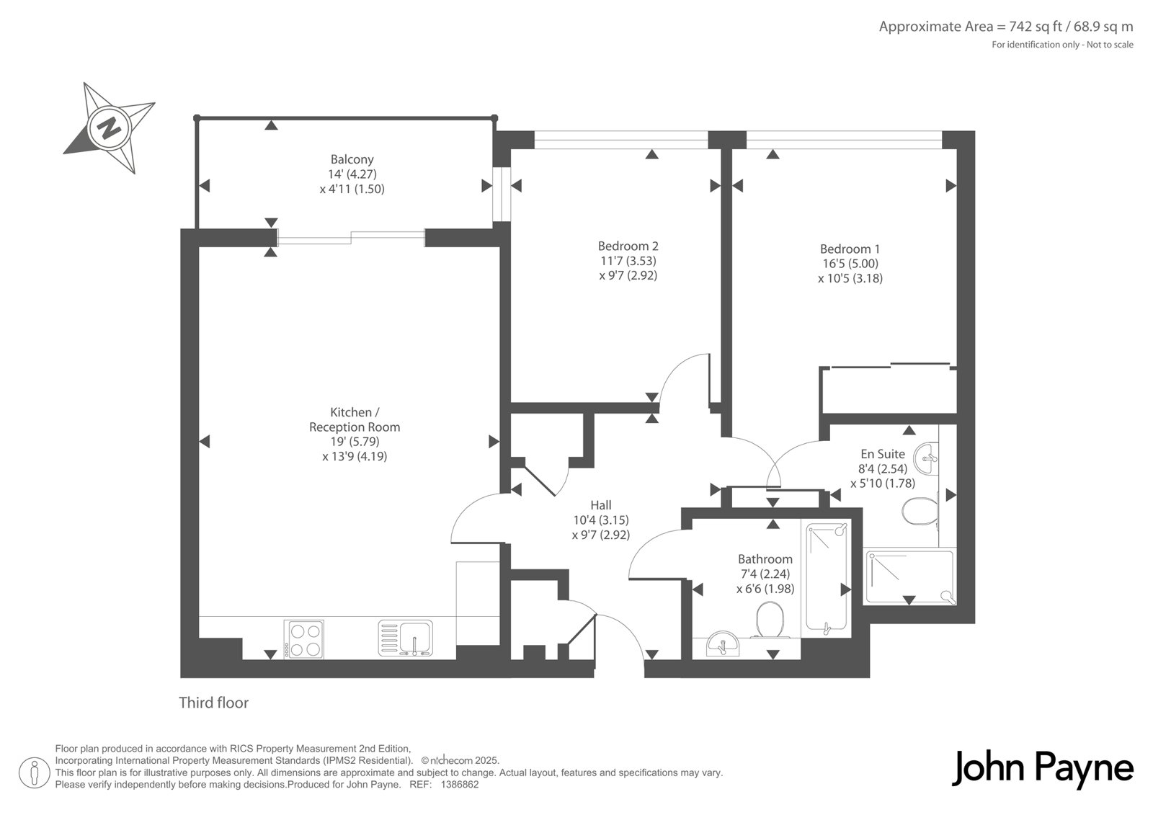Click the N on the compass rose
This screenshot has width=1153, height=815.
[109, 128]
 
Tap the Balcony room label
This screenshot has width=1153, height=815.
[352, 159]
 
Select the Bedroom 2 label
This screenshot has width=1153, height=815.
[628, 246]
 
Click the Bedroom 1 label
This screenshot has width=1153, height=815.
[850, 249]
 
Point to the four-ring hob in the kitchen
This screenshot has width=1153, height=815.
[303, 639]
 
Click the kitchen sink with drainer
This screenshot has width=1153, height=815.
[406, 638]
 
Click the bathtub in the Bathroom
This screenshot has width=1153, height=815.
[826, 576]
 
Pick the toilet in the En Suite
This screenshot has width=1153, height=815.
[920, 510]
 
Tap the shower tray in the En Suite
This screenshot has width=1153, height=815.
[909, 577]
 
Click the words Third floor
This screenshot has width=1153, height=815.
[213, 703]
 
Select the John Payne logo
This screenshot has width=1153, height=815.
[1042, 768]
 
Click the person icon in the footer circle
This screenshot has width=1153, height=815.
[35, 774]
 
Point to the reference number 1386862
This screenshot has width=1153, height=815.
[460, 785]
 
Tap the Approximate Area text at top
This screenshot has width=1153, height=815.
[1006, 26]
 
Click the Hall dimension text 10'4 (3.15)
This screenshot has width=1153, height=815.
[601, 520]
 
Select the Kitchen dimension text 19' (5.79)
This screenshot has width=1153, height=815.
[355, 442]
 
